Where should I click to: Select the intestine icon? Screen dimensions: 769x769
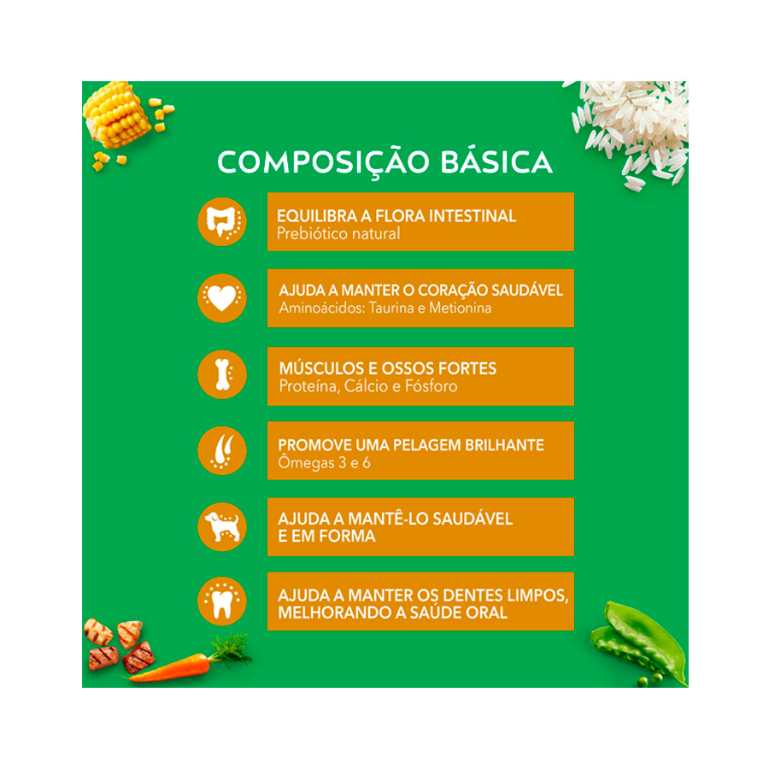[222, 221]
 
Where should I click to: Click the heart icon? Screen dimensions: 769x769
[222, 298]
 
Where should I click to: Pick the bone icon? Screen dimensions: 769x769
[222, 375]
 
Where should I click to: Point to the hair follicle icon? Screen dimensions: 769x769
[222, 450]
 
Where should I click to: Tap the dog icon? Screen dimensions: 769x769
[222, 527]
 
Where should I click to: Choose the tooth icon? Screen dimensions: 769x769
[222, 602]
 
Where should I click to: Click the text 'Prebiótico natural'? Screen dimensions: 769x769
[338, 233]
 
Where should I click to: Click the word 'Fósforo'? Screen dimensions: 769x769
[431, 386]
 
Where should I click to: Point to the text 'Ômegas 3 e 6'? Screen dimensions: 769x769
[324, 462]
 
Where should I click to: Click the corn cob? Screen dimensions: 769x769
[116, 114]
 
